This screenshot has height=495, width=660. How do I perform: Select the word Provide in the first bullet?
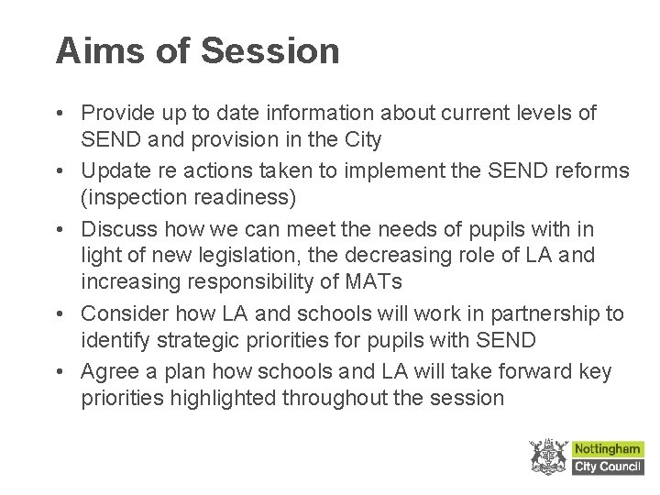[x=118, y=114]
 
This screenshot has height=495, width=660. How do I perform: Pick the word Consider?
[x=122, y=313]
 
